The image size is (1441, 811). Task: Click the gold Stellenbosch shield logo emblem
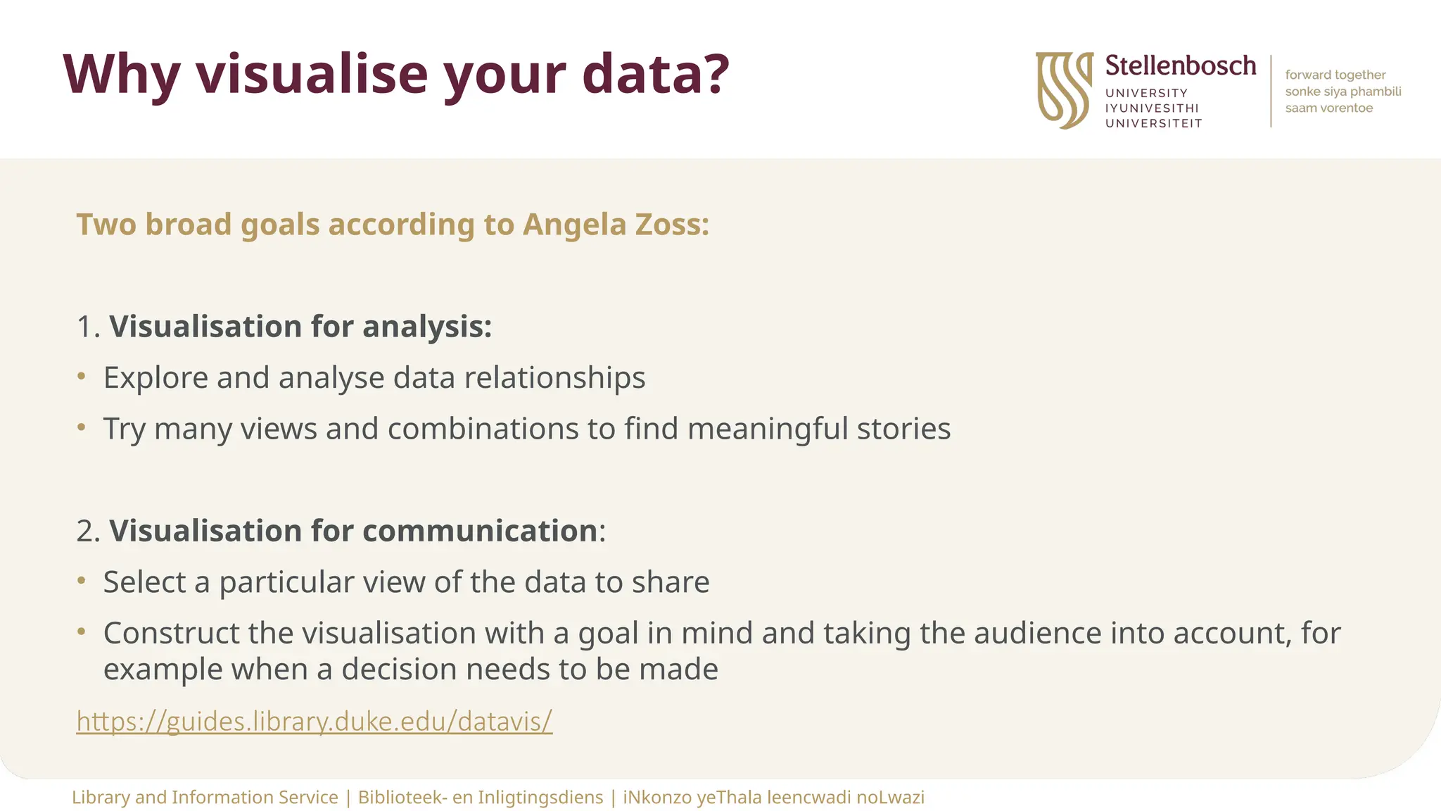click(1064, 90)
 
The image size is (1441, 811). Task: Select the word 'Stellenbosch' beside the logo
click(1180, 65)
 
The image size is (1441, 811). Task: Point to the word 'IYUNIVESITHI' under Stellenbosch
click(1152, 108)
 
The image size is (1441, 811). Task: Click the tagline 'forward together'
click(1335, 75)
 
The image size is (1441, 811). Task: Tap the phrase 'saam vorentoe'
click(1328, 108)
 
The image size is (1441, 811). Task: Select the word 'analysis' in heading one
click(426, 327)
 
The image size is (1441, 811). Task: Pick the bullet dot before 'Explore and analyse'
click(82, 377)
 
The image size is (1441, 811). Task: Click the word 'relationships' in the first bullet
click(554, 378)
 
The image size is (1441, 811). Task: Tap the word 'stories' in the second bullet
click(903, 429)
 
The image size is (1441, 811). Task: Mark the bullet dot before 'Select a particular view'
click(82, 581)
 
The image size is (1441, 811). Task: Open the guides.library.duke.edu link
click(314, 721)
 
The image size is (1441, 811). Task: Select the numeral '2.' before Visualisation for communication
click(88, 531)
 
